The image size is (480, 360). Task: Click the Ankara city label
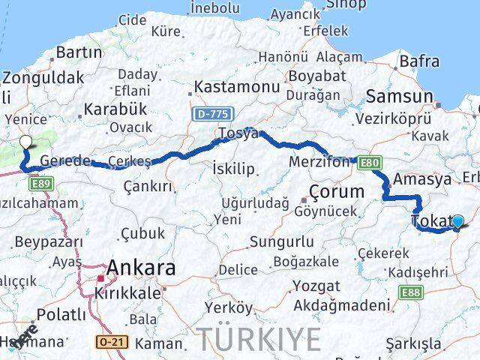point(141,268)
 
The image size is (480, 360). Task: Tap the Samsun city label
point(398,97)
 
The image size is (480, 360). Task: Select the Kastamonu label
point(226,87)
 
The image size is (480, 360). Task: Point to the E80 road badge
point(368,161)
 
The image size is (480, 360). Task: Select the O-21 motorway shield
point(109,342)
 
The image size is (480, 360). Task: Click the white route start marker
point(25,141)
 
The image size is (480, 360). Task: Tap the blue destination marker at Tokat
point(457,221)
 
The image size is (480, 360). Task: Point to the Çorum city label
point(337,191)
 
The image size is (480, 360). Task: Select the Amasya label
point(422,179)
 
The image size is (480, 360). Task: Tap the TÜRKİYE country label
point(258,340)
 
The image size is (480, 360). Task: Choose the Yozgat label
point(315,286)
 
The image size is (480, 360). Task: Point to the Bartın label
point(79,52)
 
